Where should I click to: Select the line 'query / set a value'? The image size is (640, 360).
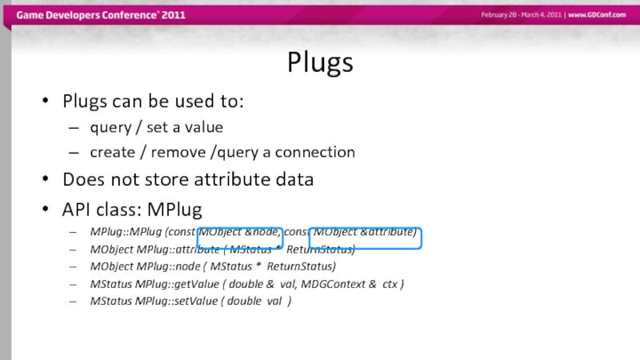click(x=156, y=127)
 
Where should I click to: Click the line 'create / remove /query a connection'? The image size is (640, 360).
click(x=222, y=152)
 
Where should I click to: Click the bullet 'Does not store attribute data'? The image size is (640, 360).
click(x=187, y=180)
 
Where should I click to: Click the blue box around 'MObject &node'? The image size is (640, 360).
click(x=240, y=237)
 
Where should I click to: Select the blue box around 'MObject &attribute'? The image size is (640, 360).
click(x=365, y=237)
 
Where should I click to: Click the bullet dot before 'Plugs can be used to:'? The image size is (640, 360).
click(x=46, y=102)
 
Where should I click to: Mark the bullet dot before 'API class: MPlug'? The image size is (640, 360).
click(x=46, y=210)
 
